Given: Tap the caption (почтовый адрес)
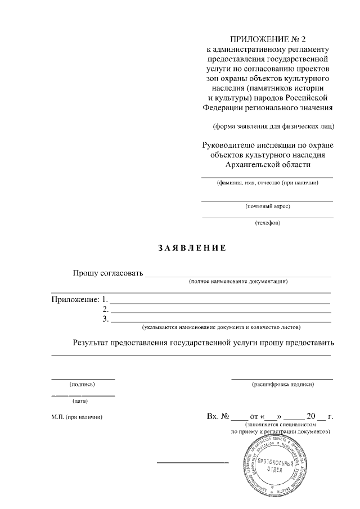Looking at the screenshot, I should pos(268,206).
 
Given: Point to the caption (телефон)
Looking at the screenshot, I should pos(268,223).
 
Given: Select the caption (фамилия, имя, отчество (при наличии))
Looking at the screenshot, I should pos(268,183).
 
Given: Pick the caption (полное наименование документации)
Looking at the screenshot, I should pos(238,281).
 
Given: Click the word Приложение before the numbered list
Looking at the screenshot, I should pos(75,299).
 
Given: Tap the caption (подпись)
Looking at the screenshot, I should pos(82,384).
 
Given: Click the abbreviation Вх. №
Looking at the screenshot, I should pos(218,417).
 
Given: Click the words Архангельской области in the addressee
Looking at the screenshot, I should pos(268,164).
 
